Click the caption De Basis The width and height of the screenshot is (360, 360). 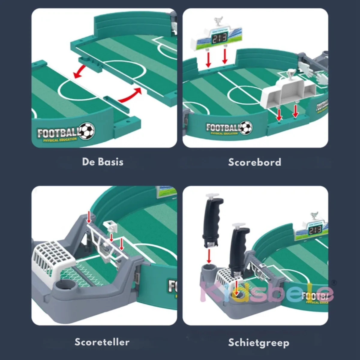(103, 162)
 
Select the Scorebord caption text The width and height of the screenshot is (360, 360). (254, 162)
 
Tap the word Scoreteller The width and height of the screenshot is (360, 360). (102, 342)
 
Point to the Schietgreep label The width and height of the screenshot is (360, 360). (259, 342)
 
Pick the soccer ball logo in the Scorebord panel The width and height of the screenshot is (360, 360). (246, 127)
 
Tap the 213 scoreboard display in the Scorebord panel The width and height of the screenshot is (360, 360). (219, 38)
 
